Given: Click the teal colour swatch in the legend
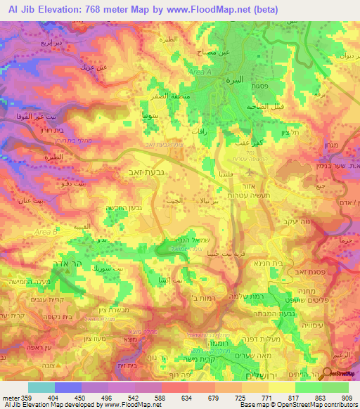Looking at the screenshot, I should point(41,387).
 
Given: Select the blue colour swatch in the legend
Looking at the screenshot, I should point(68,387).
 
